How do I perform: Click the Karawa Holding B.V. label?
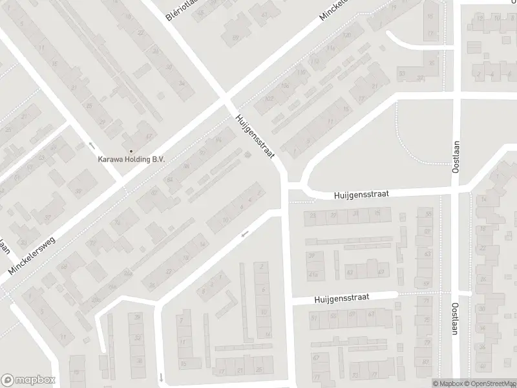(x=132, y=158)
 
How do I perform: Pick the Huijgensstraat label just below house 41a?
(x=342, y=298)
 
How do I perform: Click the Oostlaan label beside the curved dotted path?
(x=456, y=156)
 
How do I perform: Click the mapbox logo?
(x=28, y=380)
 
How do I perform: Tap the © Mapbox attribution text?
(x=445, y=383)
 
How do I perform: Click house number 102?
(x=269, y=99)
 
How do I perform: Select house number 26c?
(x=95, y=299)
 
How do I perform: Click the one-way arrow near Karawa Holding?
(x=92, y=145)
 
